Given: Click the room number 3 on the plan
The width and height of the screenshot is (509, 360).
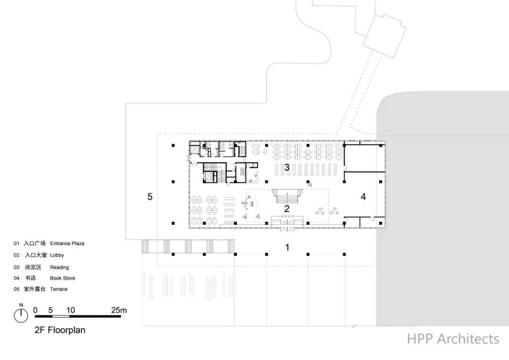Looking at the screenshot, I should pyautogui.click(x=286, y=167).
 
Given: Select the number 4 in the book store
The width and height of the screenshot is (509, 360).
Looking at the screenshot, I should pyautogui.click(x=363, y=197).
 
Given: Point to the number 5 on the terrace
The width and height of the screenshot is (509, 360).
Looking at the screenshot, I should pyautogui.click(x=150, y=196).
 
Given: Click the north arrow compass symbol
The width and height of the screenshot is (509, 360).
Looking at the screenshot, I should pyautogui.click(x=21, y=314).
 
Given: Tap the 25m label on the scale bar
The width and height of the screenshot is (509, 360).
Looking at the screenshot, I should pyautogui.click(x=119, y=310).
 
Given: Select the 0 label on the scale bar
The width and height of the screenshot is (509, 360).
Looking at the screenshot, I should pyautogui.click(x=35, y=310).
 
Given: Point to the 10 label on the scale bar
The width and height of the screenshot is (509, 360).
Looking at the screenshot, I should pyautogui.click(x=70, y=310).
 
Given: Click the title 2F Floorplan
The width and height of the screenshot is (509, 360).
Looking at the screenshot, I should pyautogui.click(x=60, y=330).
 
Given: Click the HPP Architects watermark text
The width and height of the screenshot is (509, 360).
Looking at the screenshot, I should pyautogui.click(x=453, y=339).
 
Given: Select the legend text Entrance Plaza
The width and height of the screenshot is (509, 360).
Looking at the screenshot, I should pyautogui.click(x=67, y=244).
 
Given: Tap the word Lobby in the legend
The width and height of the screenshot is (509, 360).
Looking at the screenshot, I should pyautogui.click(x=57, y=255).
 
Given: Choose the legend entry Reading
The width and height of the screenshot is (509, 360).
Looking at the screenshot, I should pyautogui.click(x=59, y=267).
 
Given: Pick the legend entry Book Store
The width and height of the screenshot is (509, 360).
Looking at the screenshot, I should pyautogui.click(x=62, y=278).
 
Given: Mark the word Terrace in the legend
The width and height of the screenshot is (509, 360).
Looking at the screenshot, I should pyautogui.click(x=58, y=289).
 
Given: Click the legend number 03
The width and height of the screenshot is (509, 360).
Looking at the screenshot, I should pyautogui.click(x=16, y=267).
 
